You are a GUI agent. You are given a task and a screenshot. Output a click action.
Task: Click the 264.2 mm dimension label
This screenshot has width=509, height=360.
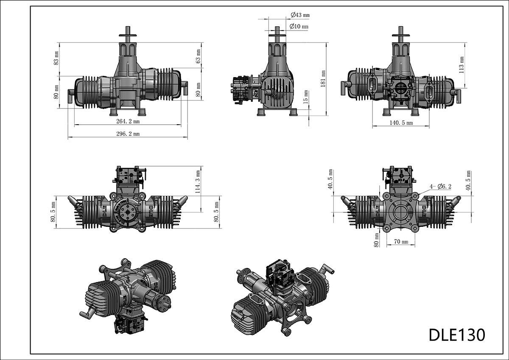[x=128, y=121]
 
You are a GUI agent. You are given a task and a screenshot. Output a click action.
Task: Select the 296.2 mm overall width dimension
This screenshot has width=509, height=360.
[x=128, y=134]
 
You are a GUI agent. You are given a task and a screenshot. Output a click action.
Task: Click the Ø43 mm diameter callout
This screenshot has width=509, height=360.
[x=300, y=15]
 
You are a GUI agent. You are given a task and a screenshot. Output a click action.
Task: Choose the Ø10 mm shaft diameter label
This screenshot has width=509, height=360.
[x=299, y=26]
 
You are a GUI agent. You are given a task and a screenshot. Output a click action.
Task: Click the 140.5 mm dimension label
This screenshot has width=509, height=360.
[x=401, y=123]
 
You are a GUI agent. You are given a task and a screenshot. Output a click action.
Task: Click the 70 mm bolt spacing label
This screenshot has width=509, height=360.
[x=401, y=242]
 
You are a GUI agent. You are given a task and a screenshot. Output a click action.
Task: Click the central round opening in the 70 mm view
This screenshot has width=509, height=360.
[x=400, y=212]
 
